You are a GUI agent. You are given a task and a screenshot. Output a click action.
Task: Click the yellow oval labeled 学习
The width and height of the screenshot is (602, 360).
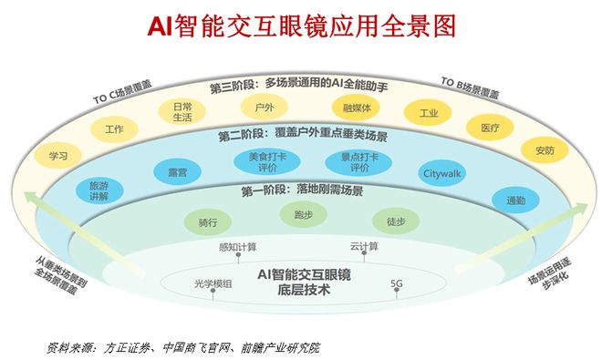(59, 156)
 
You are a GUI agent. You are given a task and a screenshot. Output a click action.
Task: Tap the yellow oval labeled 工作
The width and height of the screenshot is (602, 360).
(114, 129)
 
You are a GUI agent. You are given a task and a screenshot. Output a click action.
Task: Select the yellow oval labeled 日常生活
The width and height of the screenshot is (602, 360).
(182, 112)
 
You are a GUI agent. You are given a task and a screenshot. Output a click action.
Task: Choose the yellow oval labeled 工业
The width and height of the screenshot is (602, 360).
(423, 115)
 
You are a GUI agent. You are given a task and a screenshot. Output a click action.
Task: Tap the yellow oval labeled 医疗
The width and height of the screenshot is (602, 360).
(489, 129)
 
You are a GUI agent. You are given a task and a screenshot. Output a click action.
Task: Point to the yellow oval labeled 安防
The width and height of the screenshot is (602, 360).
(544, 150)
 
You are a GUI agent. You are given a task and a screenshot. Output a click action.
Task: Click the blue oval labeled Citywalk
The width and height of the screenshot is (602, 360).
(441, 172)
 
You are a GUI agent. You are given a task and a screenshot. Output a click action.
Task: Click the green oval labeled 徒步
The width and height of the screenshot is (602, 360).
(395, 221)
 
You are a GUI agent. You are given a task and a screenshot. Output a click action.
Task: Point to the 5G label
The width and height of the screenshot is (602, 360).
(396, 283)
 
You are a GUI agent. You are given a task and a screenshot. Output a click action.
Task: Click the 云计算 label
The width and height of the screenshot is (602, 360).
(363, 246)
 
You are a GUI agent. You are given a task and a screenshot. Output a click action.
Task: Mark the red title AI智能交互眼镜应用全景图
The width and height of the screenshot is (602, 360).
(301, 25)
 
